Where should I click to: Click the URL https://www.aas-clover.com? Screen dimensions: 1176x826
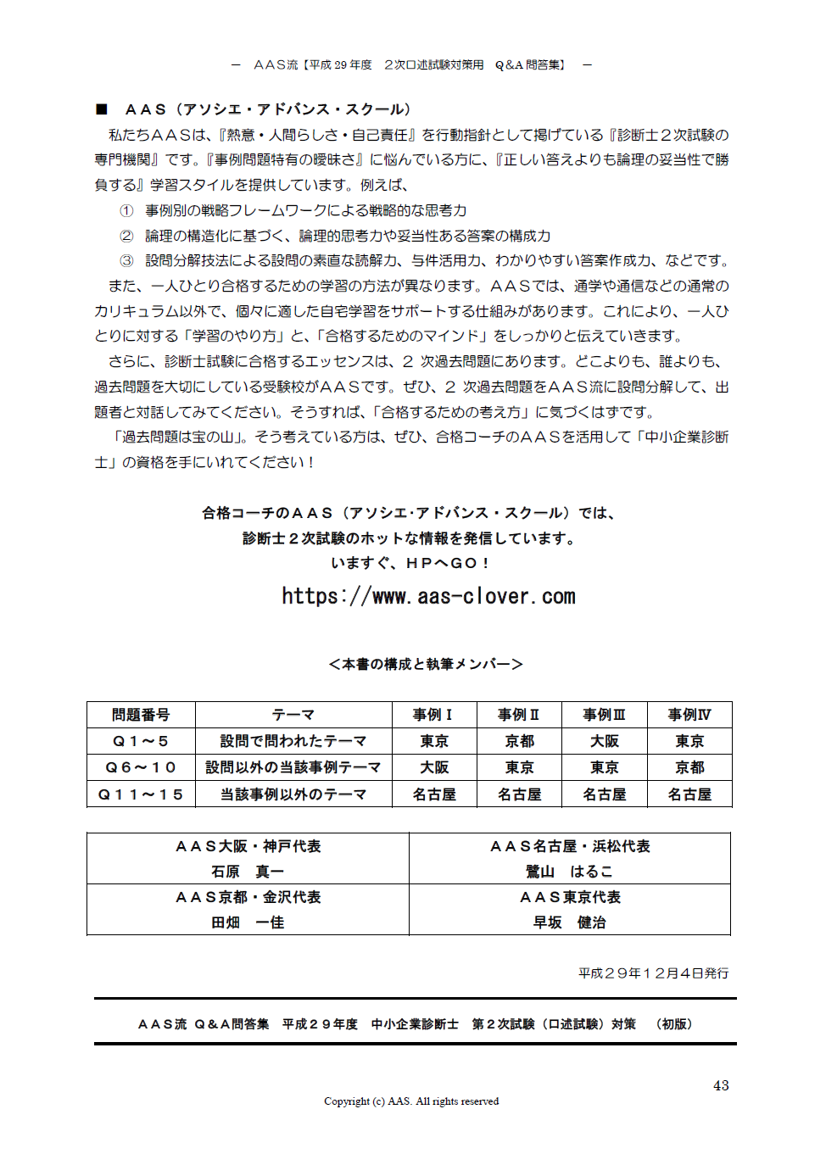point(428,597)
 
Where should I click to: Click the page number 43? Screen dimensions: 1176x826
point(721,1085)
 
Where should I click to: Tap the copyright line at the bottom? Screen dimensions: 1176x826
point(411,1101)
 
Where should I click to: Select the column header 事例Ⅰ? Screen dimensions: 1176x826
point(433,715)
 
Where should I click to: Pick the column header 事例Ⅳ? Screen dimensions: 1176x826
point(689,715)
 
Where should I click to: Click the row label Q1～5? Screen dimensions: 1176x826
point(141,741)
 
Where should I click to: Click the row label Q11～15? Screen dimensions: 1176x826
point(141,794)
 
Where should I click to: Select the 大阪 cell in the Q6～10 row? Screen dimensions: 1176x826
point(434,767)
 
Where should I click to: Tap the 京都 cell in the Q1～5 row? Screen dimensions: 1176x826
point(519,741)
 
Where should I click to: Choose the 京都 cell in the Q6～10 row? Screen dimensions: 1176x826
point(689,767)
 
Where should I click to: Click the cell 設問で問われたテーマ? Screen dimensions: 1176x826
point(293,741)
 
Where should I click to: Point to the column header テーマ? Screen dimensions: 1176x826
point(293,715)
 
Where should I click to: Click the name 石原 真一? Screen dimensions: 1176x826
point(248,872)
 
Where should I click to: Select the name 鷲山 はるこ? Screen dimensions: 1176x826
point(569,872)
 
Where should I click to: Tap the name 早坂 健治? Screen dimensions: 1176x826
point(569,922)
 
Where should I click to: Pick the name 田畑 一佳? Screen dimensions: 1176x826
point(248,922)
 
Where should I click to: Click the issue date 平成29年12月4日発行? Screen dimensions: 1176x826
point(653,973)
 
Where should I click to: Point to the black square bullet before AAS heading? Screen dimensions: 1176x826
point(102,109)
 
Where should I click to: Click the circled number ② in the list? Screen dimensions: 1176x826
point(126,236)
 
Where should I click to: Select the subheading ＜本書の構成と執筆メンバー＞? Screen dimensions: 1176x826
point(426,664)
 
